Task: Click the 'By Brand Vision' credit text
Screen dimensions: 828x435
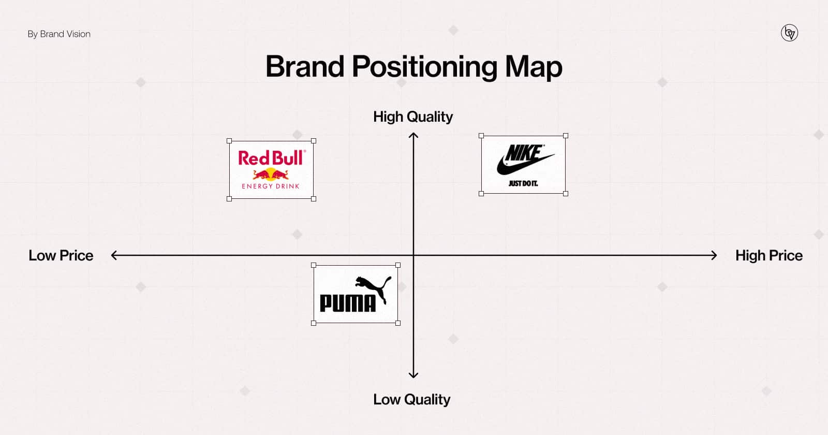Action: tap(59, 34)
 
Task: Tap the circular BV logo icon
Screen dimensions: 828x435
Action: tap(789, 33)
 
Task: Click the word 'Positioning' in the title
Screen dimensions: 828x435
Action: tap(424, 67)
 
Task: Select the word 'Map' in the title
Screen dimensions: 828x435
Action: tap(534, 67)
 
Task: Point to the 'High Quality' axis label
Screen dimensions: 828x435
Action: tap(413, 117)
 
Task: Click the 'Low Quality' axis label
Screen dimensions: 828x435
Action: tap(412, 399)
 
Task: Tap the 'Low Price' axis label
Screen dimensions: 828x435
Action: tap(61, 256)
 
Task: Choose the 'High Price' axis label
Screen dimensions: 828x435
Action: tap(769, 256)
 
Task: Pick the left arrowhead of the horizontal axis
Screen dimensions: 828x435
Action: tap(113, 255)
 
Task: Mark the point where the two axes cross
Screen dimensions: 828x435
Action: tap(413, 255)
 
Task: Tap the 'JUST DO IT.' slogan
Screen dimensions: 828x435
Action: tap(523, 183)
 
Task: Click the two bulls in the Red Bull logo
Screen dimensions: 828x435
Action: tap(271, 174)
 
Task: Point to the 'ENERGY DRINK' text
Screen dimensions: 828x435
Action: tap(271, 186)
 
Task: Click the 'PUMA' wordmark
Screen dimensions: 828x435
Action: tap(347, 303)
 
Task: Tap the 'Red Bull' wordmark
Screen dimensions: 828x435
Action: tap(272, 158)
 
